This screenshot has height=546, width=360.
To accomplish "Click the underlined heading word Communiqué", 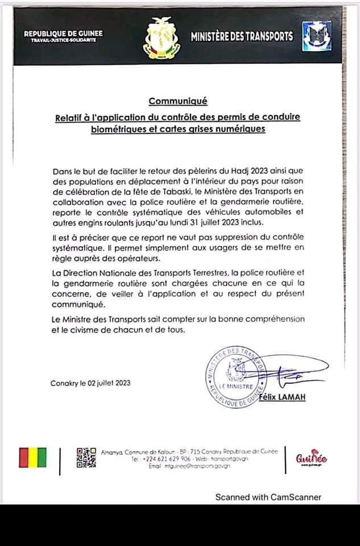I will (178, 102).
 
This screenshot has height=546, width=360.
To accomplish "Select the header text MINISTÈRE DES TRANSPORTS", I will (242, 37).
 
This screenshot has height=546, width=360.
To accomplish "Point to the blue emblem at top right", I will (313, 37).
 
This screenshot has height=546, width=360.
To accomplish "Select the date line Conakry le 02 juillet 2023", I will (90, 383).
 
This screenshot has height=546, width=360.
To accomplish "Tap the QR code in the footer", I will (86, 458).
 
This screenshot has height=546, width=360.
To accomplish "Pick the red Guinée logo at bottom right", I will (312, 458).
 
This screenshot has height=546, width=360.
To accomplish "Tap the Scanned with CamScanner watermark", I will (268, 497).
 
